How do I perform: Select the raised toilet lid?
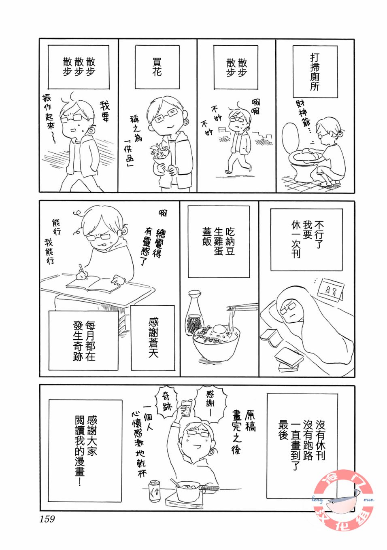(290, 137)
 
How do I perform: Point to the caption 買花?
(157, 67)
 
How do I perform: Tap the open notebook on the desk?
(94, 284)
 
